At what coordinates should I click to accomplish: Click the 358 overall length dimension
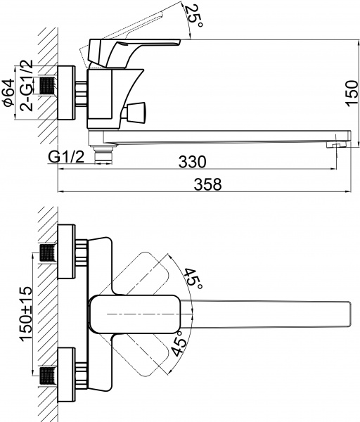pyautogui.click(x=207, y=184)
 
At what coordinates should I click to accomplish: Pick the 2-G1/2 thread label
pyautogui.click(x=27, y=84)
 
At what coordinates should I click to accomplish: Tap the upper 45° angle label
pyautogui.click(x=194, y=276)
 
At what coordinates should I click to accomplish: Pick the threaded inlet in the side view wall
pyautogui.click(x=48, y=86)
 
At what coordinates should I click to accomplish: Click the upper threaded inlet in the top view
pyautogui.click(x=48, y=252)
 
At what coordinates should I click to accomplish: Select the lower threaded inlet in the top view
pyautogui.click(x=48, y=373)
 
